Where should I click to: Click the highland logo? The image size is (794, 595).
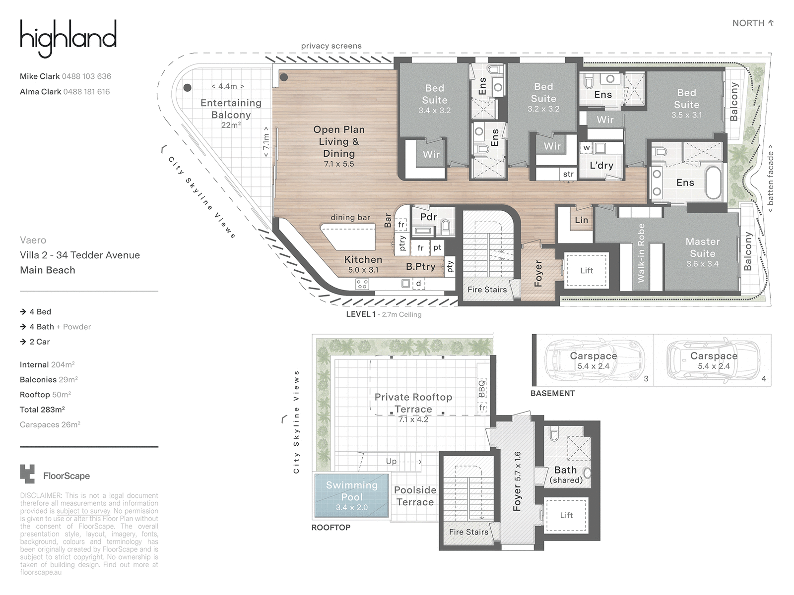[x=68, y=38]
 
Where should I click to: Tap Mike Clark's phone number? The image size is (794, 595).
[x=86, y=76]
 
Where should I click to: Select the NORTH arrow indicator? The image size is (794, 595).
[x=771, y=23]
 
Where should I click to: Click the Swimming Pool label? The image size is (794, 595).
[x=352, y=491]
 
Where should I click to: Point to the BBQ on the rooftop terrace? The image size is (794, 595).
[x=481, y=388]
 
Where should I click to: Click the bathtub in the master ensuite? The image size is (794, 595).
[x=713, y=183]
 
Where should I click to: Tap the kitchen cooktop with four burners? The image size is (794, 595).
[x=362, y=284]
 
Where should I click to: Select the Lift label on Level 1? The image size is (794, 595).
[x=587, y=271]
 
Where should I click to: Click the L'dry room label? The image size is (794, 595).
[x=601, y=166]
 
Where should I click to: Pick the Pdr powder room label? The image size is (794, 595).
[x=429, y=217]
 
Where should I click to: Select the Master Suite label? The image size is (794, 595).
[x=703, y=247]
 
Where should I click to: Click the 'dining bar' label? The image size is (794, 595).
[x=350, y=218]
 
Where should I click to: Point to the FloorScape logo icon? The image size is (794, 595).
[x=27, y=474]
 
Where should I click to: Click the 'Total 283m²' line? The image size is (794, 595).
[x=42, y=410]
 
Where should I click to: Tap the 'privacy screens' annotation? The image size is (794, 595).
[x=331, y=46]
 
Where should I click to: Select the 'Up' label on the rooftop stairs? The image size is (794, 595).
[x=391, y=461]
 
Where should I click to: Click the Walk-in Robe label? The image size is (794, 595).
[x=641, y=253]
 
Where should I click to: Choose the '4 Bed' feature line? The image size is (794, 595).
[x=35, y=312]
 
